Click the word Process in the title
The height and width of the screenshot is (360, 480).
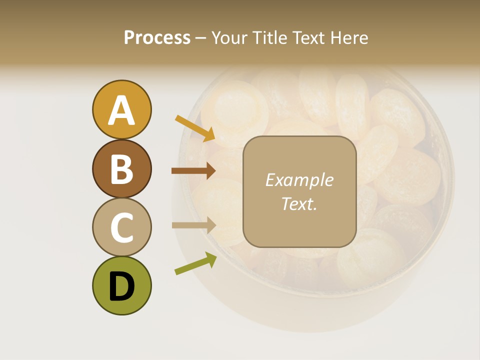point(157,38)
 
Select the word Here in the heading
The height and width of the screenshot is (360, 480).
point(348,38)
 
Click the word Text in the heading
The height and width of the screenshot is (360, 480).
point(307,38)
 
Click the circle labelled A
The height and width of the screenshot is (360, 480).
point(121,109)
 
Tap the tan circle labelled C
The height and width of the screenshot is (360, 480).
point(121,227)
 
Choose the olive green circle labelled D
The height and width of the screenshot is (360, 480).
point(121,285)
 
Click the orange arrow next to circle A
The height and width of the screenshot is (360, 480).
point(195,128)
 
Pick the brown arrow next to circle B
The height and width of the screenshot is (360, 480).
point(193,171)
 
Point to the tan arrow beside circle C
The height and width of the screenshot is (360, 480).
point(193,225)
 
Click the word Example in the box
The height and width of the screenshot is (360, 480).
point(299,180)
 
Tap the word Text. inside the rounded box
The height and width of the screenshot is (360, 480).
point(299,203)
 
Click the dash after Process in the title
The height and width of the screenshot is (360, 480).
point(201,38)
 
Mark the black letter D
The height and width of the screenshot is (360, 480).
point(121,286)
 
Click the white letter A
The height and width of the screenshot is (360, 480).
point(121,110)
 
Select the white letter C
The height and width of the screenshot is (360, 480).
point(121,227)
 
